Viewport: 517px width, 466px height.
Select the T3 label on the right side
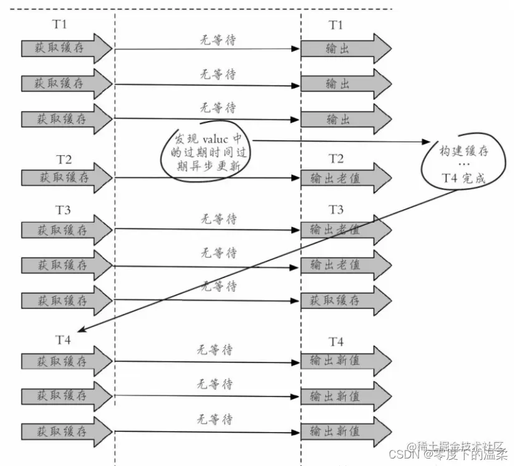[336, 209]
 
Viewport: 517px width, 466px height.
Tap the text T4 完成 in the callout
[463, 179]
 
